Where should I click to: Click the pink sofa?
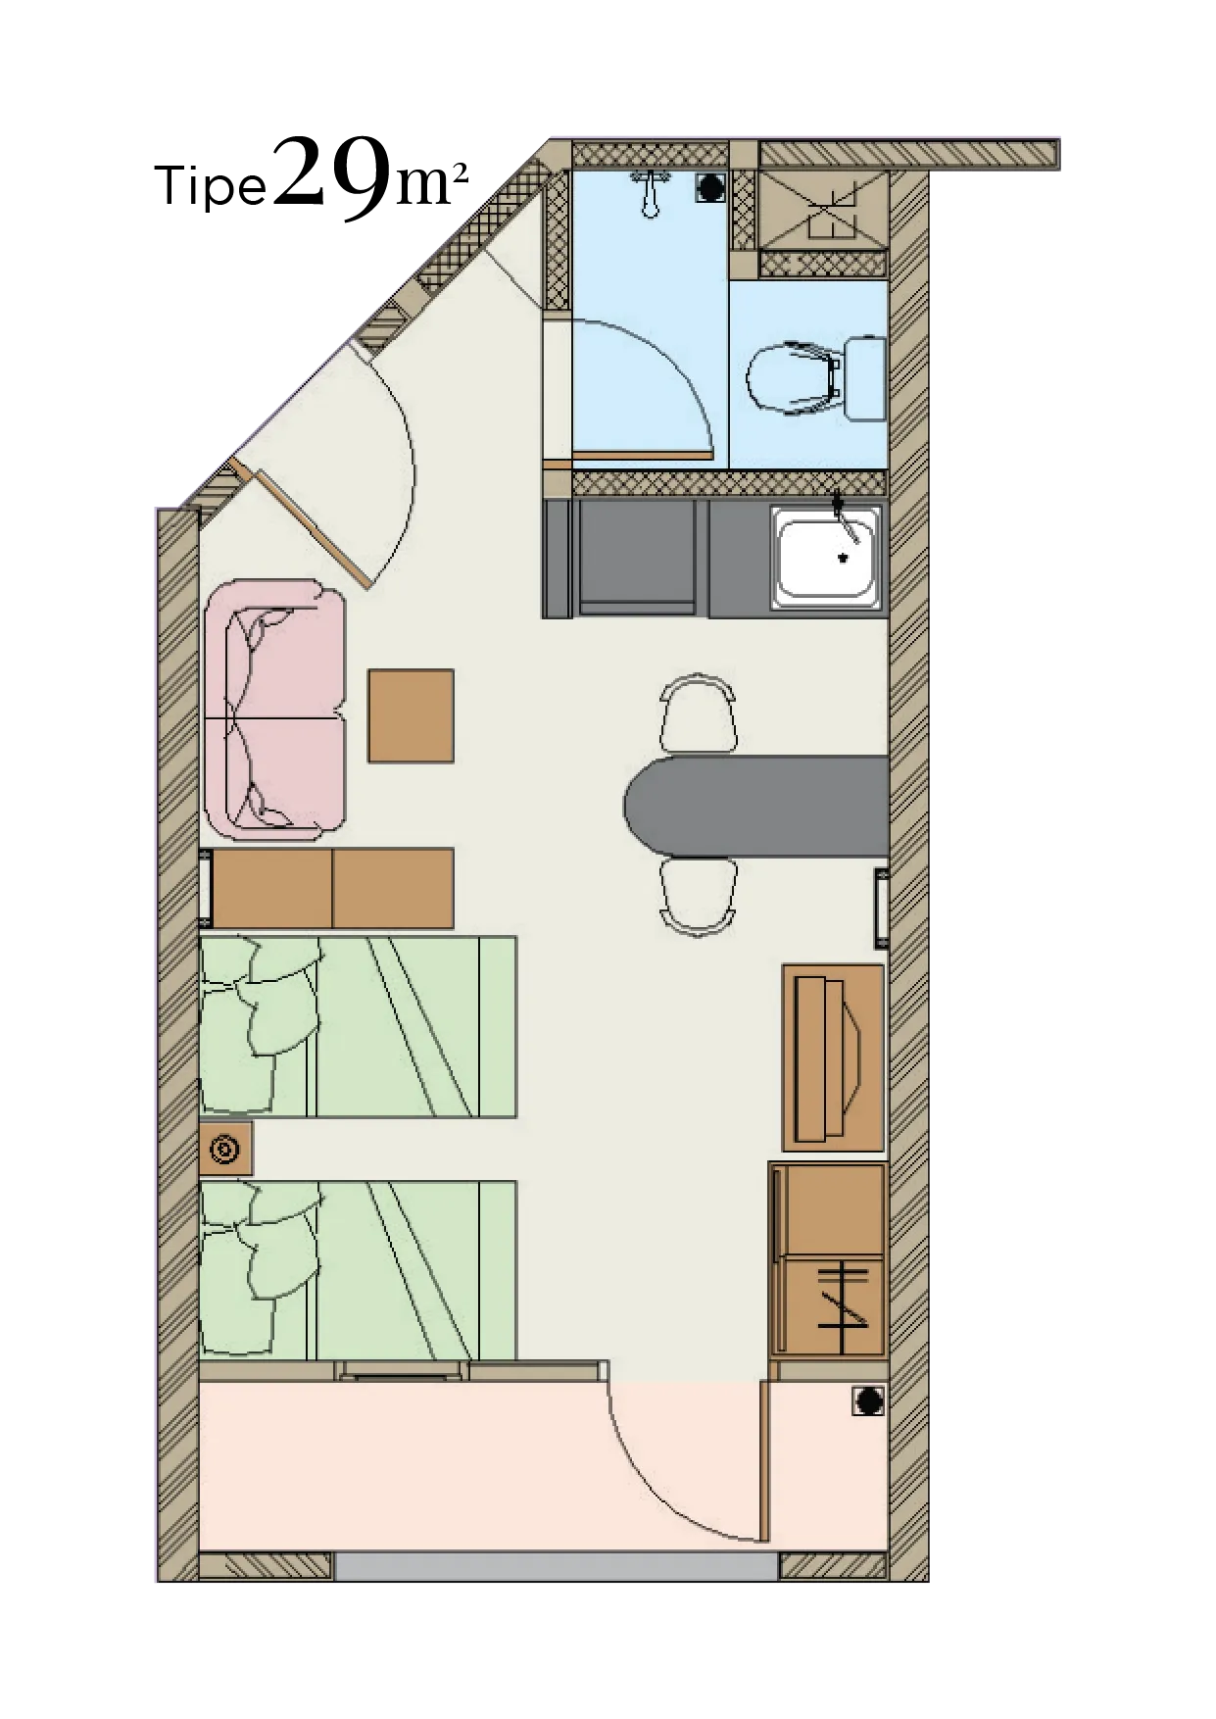[275, 710]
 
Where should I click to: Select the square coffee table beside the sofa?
[411, 715]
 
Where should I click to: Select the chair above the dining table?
[698, 712]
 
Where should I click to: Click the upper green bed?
[358, 1026]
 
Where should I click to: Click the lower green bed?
[358, 1270]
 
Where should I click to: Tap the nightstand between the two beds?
[226, 1149]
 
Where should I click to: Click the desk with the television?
[833, 1057]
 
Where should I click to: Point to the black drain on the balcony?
[867, 1402]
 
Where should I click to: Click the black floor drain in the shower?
[711, 187]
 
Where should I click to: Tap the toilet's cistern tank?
[865, 378]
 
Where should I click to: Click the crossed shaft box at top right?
[824, 210]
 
